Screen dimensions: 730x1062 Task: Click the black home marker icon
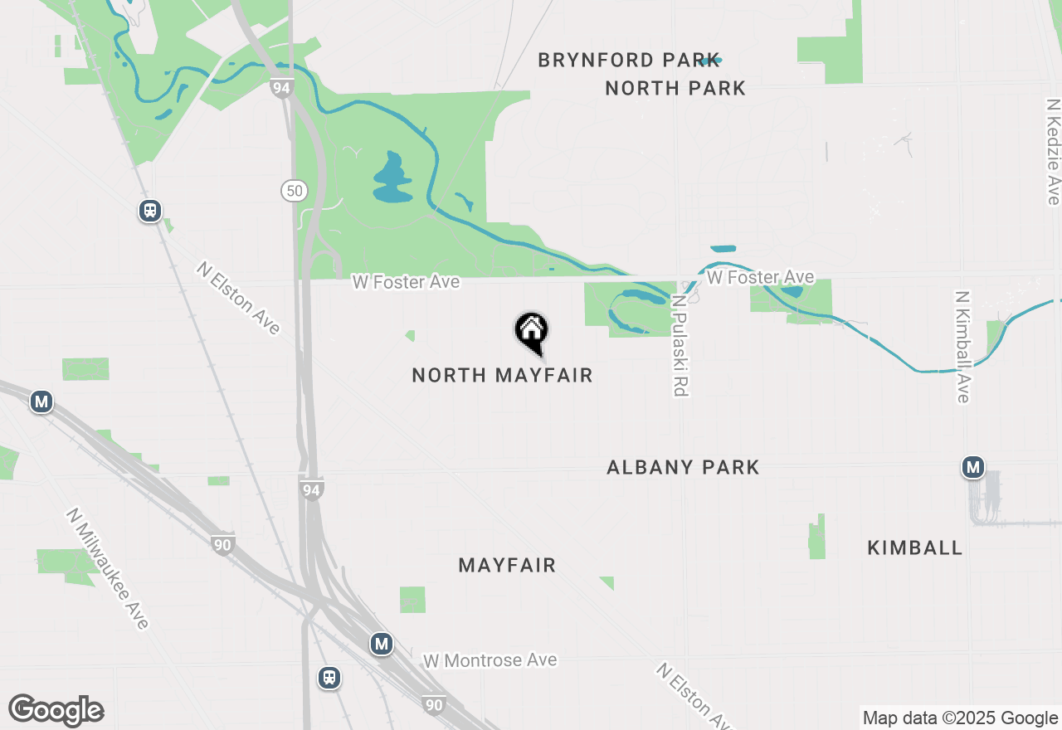[532, 330]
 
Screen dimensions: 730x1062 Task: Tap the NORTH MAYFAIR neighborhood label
[502, 376]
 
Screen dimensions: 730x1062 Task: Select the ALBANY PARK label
[683, 468]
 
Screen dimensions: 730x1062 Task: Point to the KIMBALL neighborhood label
[914, 548]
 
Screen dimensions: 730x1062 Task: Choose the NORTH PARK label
[675, 89]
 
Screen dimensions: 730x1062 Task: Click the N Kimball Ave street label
[962, 347]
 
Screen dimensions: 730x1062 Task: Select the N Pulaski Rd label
[680, 346]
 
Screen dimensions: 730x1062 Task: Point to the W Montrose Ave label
[490, 661]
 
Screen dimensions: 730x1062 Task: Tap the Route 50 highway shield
[293, 191]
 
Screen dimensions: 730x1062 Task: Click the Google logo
[56, 710]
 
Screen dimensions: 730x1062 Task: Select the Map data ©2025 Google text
[960, 718]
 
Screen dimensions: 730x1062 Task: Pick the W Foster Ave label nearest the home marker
[406, 282]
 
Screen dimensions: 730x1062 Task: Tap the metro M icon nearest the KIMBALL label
[972, 467]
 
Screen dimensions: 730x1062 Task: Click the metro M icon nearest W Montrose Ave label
[381, 643]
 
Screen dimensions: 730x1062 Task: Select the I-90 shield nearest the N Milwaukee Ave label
[222, 545]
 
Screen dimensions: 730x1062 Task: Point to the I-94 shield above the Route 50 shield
[282, 87]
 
